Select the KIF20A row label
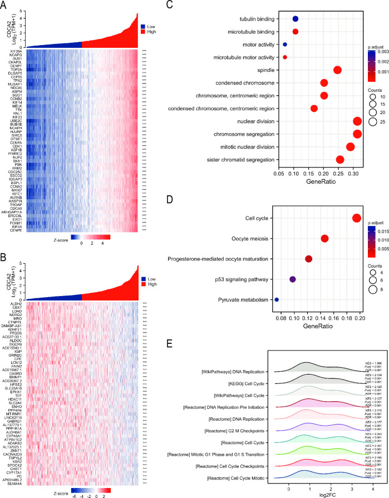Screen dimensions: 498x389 (x=15, y=51)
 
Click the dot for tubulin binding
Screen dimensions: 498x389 (x=296, y=19)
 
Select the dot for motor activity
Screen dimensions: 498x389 (x=285, y=44)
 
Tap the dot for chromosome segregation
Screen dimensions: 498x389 (x=357, y=134)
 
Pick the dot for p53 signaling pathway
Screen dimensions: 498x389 (x=293, y=279)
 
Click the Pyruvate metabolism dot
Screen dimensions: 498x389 (x=277, y=300)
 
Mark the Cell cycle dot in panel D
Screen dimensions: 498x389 (x=357, y=218)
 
